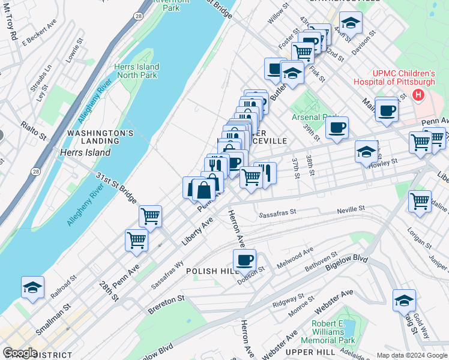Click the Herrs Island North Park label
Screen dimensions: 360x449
point(137,71)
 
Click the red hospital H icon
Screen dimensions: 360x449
point(418,95)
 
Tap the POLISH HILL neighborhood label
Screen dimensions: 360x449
point(213,271)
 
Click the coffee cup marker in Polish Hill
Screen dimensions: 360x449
point(244,261)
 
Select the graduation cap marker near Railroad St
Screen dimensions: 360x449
point(32,287)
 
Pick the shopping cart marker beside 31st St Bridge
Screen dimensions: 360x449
point(150,216)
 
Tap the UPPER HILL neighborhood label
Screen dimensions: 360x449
point(305,350)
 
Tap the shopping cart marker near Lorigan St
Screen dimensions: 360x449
point(420,202)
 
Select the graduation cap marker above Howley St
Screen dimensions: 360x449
point(366,151)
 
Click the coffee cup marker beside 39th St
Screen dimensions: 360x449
point(337,128)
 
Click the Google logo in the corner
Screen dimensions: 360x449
point(20,353)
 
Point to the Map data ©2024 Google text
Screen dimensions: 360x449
point(411,355)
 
